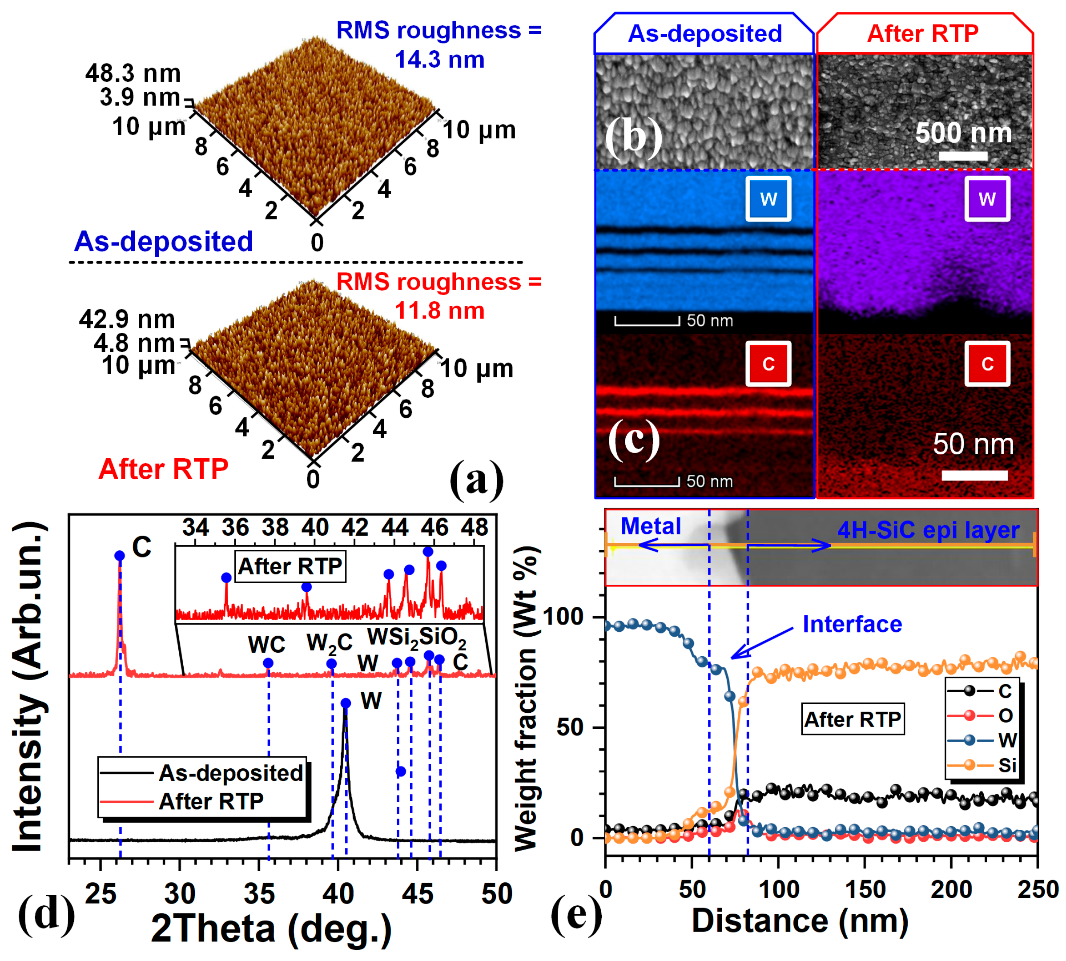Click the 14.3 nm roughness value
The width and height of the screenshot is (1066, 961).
click(439, 60)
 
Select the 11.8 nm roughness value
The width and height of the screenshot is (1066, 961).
click(439, 311)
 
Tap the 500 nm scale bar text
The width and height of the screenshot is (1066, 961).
click(963, 133)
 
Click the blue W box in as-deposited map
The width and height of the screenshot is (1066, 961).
click(768, 199)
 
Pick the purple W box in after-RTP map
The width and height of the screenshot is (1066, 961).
click(986, 199)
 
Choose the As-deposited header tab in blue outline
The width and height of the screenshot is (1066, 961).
click(704, 34)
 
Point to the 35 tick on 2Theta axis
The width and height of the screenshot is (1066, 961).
click(259, 894)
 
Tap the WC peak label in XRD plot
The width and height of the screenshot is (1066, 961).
click(266, 645)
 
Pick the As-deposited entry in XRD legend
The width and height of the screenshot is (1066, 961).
click(231, 773)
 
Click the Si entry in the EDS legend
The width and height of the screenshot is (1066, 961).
click(1007, 765)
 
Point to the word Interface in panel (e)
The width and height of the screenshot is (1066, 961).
click(852, 625)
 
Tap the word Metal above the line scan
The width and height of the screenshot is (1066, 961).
click(651, 526)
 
